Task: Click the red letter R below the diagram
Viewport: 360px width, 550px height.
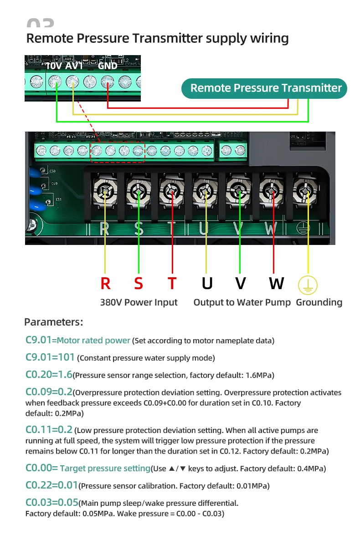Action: pos(105,283)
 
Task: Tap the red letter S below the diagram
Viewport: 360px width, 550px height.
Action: pos(139,283)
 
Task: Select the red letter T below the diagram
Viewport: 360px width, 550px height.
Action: pos(172,283)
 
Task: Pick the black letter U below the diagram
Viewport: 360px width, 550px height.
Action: pos(207,283)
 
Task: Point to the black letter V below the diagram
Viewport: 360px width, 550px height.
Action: pos(240,283)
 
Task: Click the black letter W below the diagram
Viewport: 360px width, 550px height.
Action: pos(276,283)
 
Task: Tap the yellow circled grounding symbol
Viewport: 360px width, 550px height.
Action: pos(308,285)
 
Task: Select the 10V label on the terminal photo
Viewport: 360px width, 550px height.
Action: pos(53,66)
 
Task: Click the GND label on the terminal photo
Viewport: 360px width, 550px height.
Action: pos(108,66)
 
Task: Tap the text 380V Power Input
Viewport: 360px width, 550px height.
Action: pos(139,302)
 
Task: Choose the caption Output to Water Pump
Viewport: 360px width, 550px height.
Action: pos(242,302)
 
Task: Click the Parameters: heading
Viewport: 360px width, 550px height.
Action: pos(53,322)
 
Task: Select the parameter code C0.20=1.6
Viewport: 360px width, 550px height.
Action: pos(49,375)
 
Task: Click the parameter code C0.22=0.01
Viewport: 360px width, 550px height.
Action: pos(52,485)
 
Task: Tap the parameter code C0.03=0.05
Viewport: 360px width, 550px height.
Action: pos(52,503)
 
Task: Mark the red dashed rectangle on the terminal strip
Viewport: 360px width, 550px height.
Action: pos(118,152)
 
